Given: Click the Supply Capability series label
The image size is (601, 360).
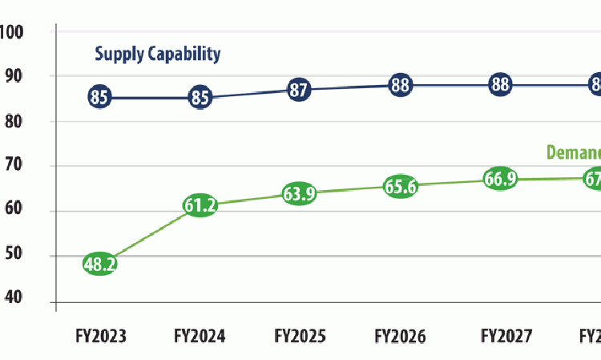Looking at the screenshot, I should (x=157, y=55).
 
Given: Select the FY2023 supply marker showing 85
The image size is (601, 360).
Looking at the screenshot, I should (x=100, y=98).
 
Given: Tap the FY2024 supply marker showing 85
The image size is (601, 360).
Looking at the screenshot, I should (x=200, y=98).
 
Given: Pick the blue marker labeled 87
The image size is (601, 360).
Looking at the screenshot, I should (x=299, y=90).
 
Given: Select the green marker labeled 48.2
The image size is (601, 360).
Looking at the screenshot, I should (x=100, y=264).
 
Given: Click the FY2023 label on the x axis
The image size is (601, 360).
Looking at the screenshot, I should (x=100, y=337).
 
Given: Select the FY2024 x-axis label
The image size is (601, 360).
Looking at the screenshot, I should (x=200, y=337).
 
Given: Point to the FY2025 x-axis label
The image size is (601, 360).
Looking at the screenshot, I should (x=300, y=337).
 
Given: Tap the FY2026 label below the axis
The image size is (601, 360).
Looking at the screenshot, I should (x=400, y=337).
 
